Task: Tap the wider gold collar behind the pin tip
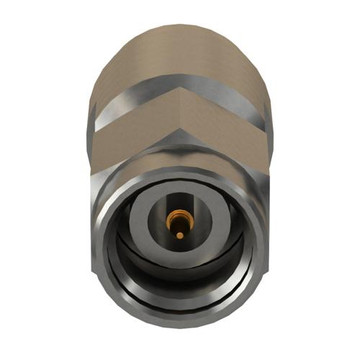pyautogui.click(x=177, y=217)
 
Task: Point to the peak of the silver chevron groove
pyautogui.click(x=179, y=84)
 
